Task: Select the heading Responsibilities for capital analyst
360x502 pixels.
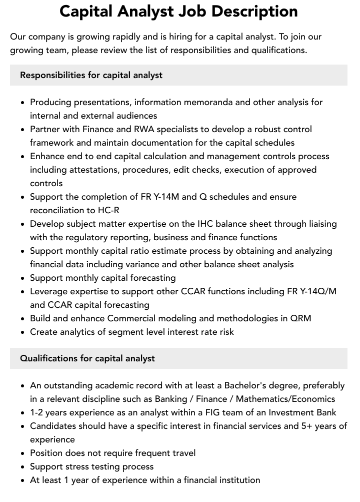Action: [x=91, y=75]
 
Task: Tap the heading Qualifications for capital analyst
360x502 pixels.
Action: [x=87, y=358]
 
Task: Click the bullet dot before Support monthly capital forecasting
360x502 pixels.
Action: [x=23, y=278]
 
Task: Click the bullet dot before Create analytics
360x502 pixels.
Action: [x=23, y=332]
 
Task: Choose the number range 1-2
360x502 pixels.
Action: [x=38, y=412]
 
